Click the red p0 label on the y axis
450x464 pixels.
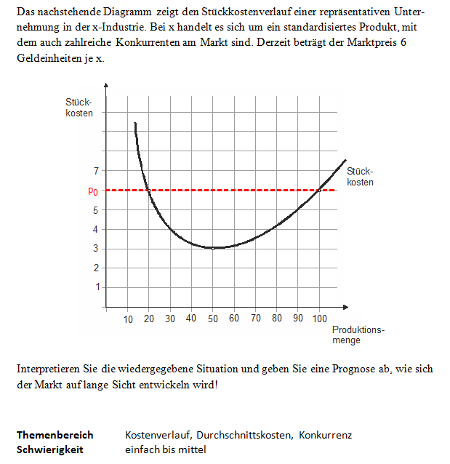point(92,191)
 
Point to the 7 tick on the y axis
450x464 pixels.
point(96,172)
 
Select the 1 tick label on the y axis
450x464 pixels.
point(96,287)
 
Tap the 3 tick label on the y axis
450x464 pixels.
point(96,249)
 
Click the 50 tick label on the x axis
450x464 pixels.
point(212,319)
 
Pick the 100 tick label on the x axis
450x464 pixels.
point(319,319)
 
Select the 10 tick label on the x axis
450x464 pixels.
point(128,319)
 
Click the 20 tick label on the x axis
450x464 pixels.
point(149,319)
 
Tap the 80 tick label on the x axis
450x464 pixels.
point(277,319)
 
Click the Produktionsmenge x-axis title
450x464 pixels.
point(358,335)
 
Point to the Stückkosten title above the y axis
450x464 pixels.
point(79,108)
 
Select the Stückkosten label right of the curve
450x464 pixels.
point(360,177)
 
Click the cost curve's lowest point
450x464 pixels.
point(214,248)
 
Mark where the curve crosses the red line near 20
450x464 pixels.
point(148,190)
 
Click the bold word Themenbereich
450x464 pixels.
point(55,435)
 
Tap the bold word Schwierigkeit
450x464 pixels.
point(50,449)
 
